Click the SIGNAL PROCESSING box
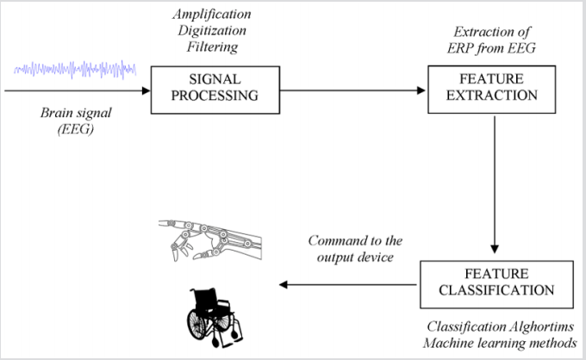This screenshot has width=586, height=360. pyautogui.click(x=215, y=89)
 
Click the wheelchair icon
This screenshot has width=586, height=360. pyautogui.click(x=215, y=312)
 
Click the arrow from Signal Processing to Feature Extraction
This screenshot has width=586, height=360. pyautogui.click(x=353, y=89)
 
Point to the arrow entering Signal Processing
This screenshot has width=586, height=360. pyautogui.click(x=78, y=89)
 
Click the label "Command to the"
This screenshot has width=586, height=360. pyautogui.click(x=354, y=240)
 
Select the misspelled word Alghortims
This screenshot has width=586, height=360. pyautogui.click(x=533, y=327)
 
